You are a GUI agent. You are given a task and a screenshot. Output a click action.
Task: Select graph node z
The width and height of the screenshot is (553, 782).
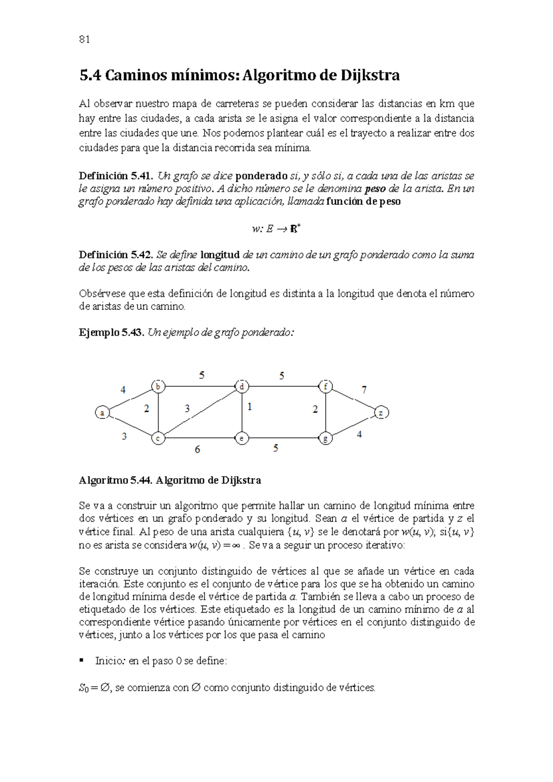click(381, 413)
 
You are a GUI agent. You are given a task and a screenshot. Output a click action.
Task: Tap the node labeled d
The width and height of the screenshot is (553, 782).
click(242, 386)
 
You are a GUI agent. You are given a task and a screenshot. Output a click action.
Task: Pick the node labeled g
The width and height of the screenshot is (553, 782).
click(326, 438)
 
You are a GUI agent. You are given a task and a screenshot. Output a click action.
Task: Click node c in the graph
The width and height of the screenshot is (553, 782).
click(158, 438)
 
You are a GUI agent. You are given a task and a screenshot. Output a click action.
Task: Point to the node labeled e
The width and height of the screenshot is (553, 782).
click(242, 438)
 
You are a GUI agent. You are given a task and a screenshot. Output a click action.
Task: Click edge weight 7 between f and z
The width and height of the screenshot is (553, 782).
click(364, 390)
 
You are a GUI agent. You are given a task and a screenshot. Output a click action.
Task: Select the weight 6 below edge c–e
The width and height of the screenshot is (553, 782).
click(197, 449)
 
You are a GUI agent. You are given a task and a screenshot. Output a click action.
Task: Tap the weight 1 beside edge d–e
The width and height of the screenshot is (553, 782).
click(250, 407)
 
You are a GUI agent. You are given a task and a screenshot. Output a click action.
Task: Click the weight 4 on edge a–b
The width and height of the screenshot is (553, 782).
click(123, 390)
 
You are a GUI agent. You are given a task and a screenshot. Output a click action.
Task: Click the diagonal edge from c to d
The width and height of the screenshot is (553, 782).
click(200, 413)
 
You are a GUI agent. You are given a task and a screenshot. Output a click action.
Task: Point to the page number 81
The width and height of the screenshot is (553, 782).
click(84, 39)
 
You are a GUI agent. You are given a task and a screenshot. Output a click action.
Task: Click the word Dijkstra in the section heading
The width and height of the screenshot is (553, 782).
click(370, 75)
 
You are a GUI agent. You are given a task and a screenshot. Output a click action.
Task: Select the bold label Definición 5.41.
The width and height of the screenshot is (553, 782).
click(116, 175)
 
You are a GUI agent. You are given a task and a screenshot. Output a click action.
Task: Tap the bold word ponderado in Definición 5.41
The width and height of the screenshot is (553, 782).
click(261, 175)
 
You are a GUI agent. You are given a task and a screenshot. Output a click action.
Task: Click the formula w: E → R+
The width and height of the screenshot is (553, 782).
click(276, 228)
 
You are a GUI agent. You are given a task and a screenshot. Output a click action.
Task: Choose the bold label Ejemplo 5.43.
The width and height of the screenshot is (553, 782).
click(112, 333)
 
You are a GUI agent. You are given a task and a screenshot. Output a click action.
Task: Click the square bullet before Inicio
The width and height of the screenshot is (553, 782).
click(82, 660)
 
